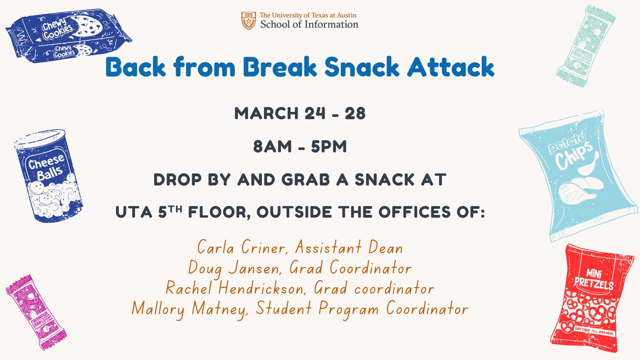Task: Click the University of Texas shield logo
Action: [x=248, y=20]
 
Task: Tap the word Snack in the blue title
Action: [x=362, y=67]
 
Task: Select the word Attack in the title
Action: [x=450, y=67]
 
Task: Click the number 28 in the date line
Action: [x=355, y=114]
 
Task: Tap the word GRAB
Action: [x=306, y=180]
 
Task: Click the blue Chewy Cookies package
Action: [x=68, y=36]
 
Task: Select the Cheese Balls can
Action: [x=48, y=176]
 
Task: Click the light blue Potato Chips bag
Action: [x=577, y=176]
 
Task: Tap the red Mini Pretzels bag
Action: [x=592, y=298]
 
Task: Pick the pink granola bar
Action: [x=36, y=312]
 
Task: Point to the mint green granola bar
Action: [x=586, y=46]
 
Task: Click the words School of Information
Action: [x=309, y=24]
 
